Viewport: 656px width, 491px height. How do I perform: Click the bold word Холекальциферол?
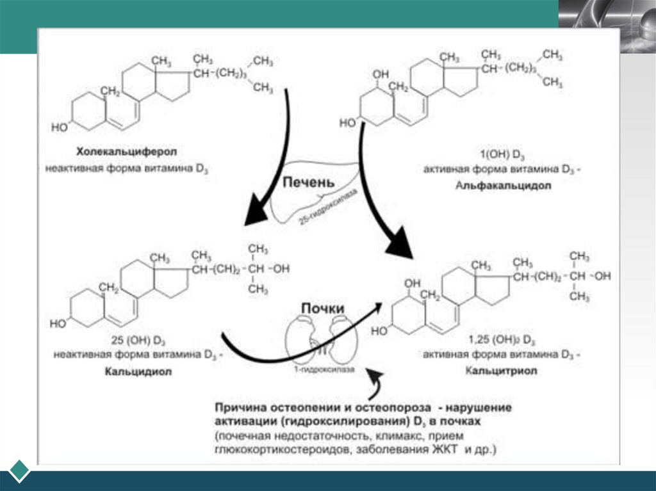tap(126, 152)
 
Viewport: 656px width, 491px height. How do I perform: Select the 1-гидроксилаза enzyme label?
tap(319, 362)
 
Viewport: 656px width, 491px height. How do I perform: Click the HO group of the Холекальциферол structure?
tap(59, 127)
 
